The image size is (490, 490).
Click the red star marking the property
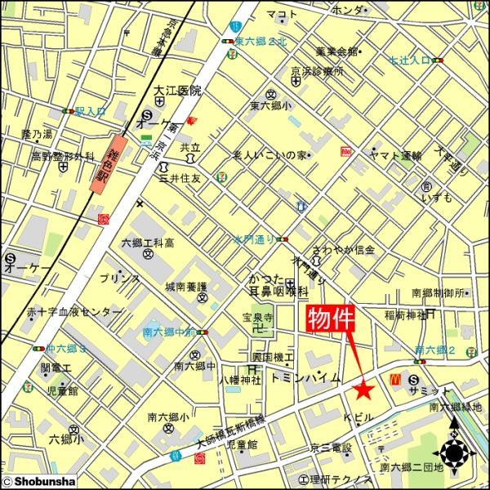[x=363, y=390]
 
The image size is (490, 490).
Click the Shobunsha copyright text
[x=37, y=483]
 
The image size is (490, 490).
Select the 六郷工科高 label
[x=148, y=243]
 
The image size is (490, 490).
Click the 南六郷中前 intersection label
[x=167, y=332]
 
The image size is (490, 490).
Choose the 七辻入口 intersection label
[x=409, y=60]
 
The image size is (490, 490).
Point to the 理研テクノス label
[x=336, y=478]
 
